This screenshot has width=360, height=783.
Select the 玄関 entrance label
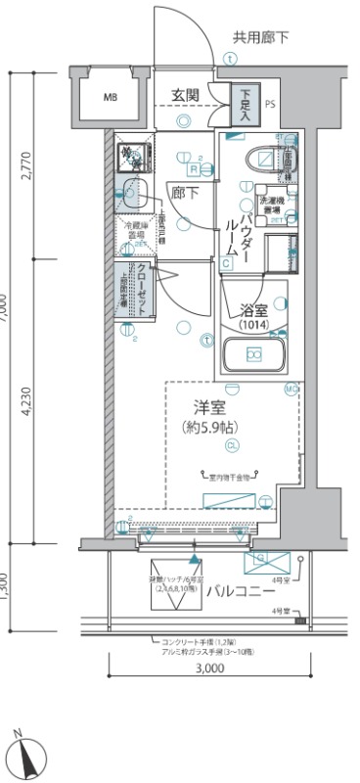click(x=185, y=95)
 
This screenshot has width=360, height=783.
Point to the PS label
click(x=270, y=101)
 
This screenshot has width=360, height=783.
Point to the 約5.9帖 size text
click(x=211, y=426)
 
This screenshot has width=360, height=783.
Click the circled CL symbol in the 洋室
click(x=231, y=446)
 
